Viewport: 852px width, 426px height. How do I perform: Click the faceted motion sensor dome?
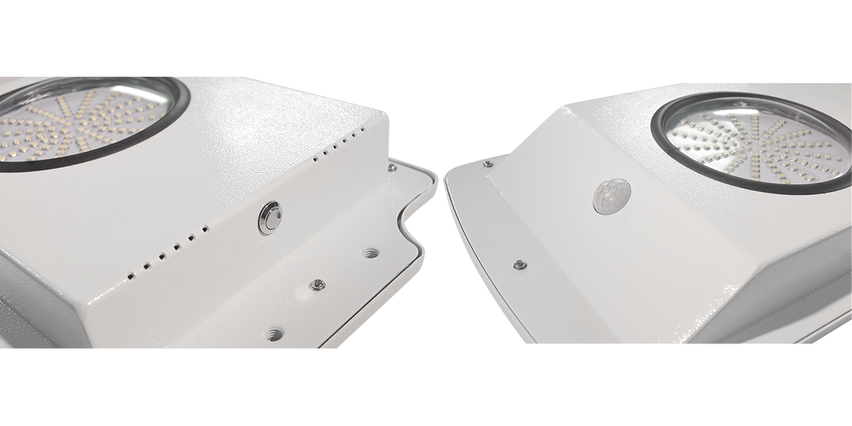(611, 196)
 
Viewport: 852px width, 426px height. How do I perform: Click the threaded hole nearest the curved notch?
(369, 252)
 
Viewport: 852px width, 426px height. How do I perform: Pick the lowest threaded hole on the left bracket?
(272, 331)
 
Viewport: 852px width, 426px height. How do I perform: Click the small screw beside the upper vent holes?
(391, 168)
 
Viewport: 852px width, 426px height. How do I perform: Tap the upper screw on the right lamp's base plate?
(488, 164)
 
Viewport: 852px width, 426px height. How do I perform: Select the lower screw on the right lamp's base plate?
(520, 265)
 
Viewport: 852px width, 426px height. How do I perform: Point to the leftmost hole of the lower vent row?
(131, 274)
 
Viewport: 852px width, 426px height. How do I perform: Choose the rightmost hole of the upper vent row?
(363, 130)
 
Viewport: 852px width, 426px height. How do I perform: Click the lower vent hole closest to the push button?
(206, 229)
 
